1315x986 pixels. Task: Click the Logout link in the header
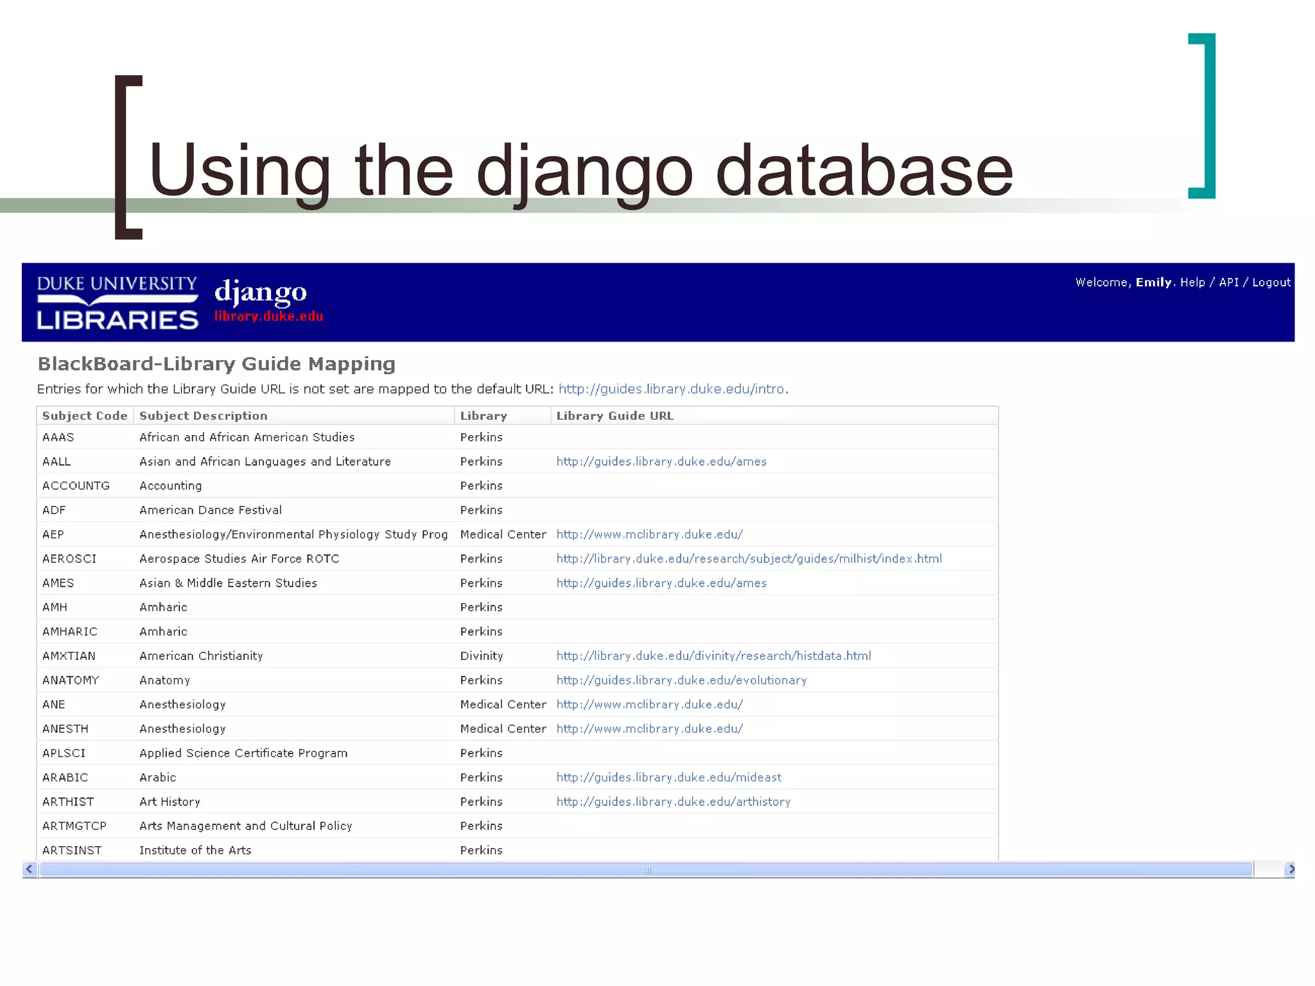pos(1271,282)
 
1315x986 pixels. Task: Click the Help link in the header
pos(1192,282)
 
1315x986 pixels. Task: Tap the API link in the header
pos(1228,282)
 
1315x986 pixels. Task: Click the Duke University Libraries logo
pos(118,302)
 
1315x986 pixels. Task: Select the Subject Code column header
pos(85,416)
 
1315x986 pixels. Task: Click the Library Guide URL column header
pos(614,416)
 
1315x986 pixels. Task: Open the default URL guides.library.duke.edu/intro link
pos(671,389)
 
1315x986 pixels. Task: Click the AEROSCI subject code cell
pos(69,559)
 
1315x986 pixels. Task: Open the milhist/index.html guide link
pos(749,559)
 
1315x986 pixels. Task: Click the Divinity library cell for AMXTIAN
pos(482,656)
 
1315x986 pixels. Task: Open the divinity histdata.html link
pos(713,656)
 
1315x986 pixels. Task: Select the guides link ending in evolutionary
pos(681,680)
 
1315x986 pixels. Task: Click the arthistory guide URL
pos(673,802)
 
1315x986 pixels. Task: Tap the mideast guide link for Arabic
pos(668,777)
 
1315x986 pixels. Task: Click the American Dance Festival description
pos(211,510)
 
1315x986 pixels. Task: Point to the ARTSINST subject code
pos(72,851)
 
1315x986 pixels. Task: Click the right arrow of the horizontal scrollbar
pos(1291,869)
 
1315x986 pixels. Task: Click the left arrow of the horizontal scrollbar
pos(29,869)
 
